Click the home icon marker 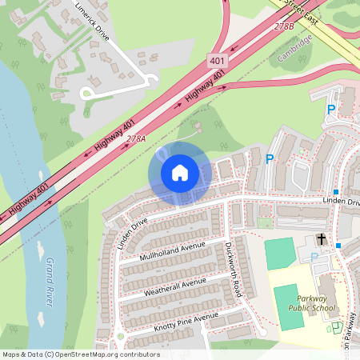point(180,172)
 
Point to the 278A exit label point(135,139)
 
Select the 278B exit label point(284,26)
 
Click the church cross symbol point(322,238)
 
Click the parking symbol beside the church point(314,257)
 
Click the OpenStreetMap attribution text point(80,354)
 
